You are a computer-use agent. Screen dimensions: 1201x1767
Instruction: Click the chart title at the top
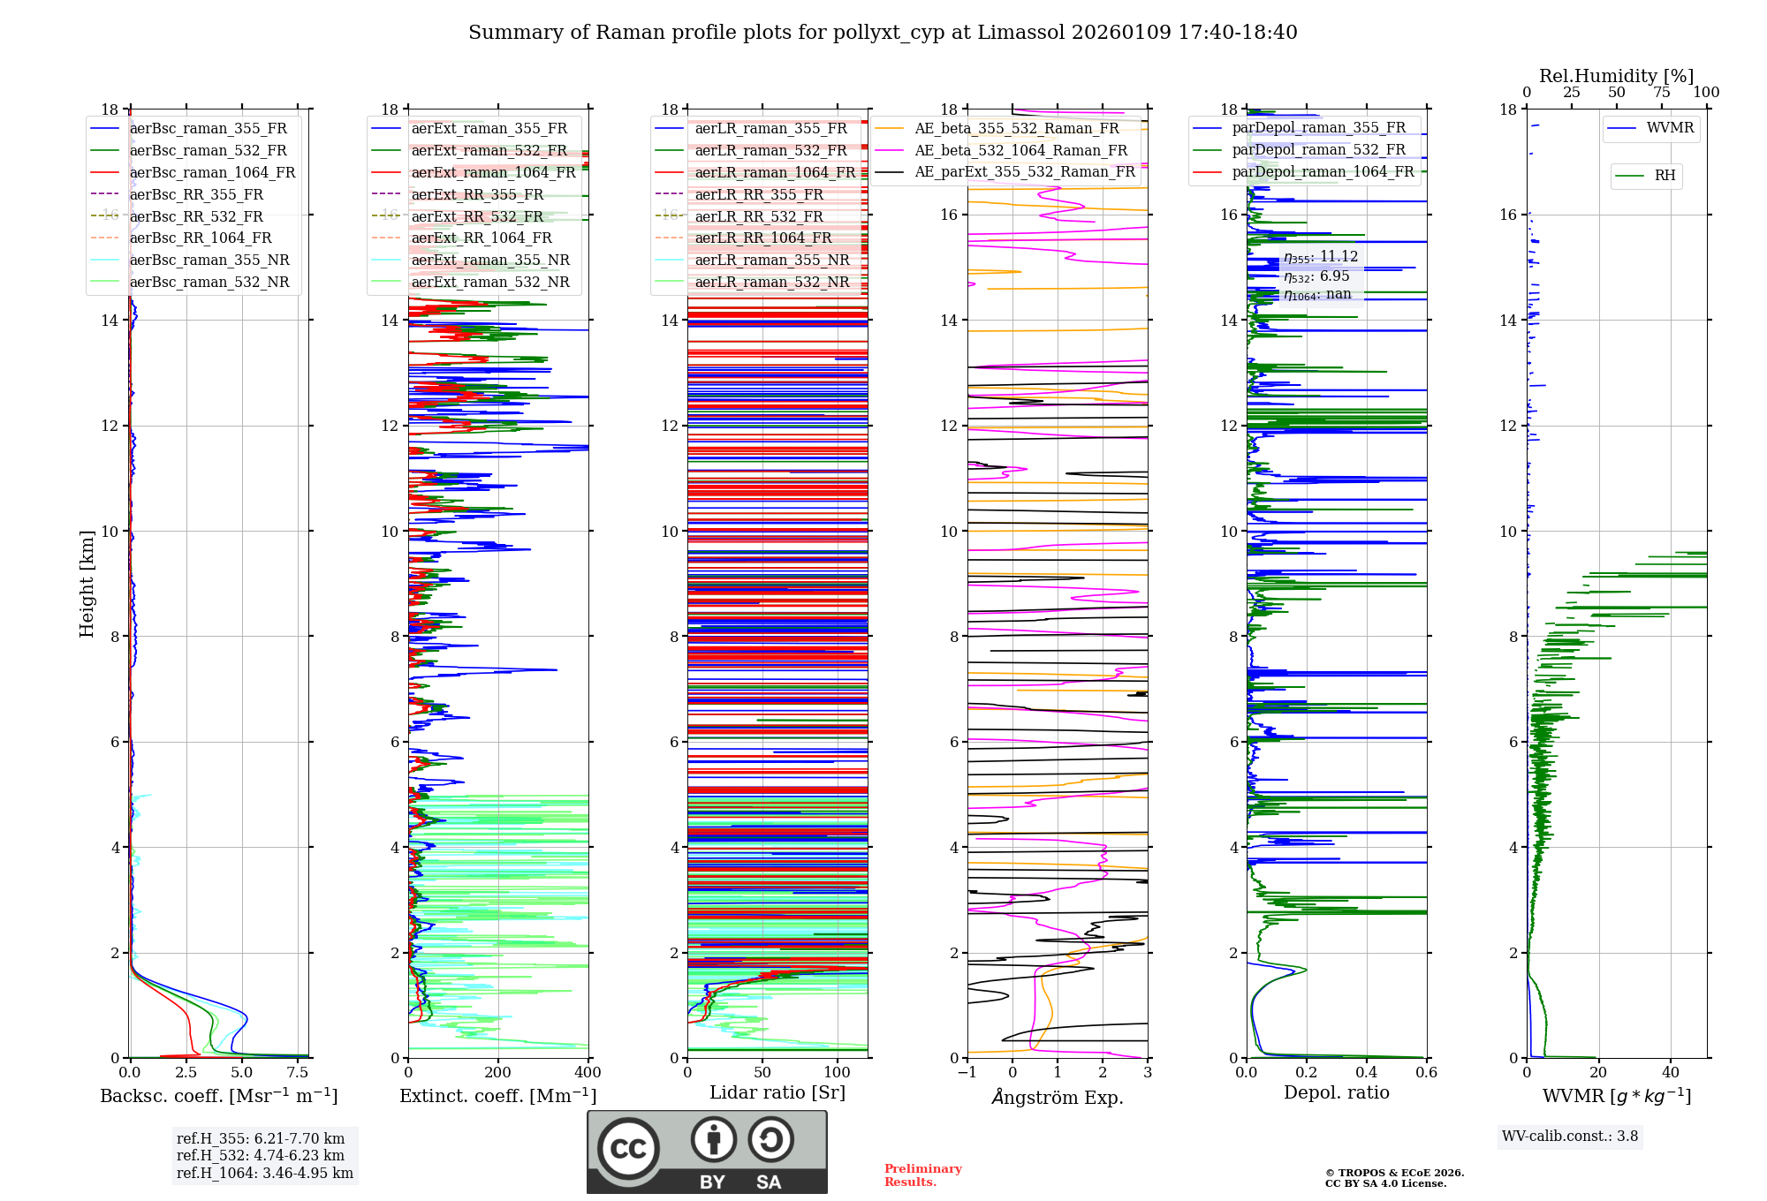coord(883,33)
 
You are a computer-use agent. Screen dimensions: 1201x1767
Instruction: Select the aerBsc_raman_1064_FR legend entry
coord(212,172)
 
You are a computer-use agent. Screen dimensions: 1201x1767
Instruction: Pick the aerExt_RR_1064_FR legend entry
coord(481,238)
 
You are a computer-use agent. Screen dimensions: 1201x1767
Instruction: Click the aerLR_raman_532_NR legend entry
coord(771,282)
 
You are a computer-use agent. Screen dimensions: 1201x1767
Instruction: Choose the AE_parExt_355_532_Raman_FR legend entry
coord(1024,171)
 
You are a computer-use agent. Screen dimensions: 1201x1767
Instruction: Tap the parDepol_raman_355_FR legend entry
coord(1318,127)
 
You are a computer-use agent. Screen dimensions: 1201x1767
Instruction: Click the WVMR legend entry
coord(1670,128)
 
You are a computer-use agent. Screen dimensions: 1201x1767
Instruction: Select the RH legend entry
coord(1665,176)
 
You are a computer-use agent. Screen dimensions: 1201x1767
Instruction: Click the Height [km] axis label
coord(87,583)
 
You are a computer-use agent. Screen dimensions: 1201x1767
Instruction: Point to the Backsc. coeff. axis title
coord(218,1096)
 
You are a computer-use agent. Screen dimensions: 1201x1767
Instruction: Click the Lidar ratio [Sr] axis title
coord(777,1092)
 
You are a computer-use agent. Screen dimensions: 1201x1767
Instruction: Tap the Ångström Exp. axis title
coord(1058,1097)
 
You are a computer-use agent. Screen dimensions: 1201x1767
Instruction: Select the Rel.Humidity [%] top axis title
coord(1616,76)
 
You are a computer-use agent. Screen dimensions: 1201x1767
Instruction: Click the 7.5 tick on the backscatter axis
coord(298,1073)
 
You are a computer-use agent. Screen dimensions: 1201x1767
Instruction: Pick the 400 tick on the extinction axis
coord(588,1073)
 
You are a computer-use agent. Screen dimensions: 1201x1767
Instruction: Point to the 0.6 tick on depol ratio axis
coord(1426,1073)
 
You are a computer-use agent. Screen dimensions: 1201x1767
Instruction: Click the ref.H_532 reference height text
coord(261,1155)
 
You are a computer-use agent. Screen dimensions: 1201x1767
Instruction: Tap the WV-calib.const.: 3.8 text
coord(1570,1137)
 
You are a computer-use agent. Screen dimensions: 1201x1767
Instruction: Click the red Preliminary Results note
coord(922,1175)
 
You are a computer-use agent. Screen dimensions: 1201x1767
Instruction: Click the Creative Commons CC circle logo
coord(628,1149)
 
